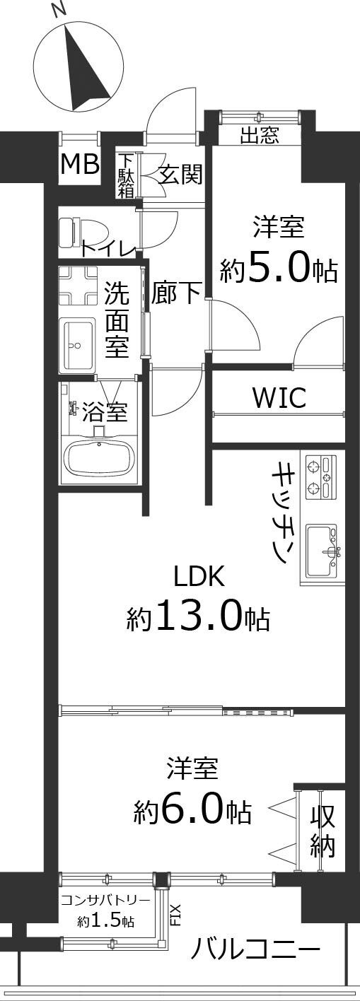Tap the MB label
coord(79,165)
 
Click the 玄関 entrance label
coord(180,174)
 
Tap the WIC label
coord(279,397)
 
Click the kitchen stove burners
coord(320,478)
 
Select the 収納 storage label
coord(323,832)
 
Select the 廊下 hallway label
coord(177,293)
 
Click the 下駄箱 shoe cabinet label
coord(126,175)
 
